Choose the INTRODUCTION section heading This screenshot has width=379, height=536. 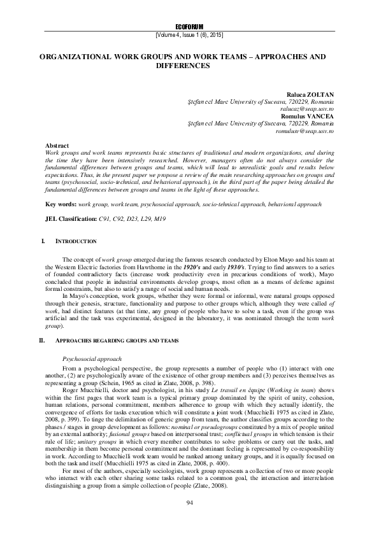coord(76,242)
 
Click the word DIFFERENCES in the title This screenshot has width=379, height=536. coord(189,65)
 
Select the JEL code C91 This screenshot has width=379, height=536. coord(104,201)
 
